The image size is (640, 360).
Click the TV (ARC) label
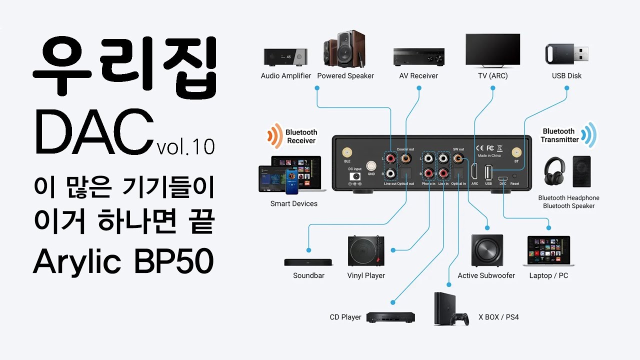pyautogui.click(x=492, y=76)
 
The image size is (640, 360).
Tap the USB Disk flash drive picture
pyautogui.click(x=566, y=52)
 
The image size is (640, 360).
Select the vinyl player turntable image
pyautogui.click(x=366, y=251)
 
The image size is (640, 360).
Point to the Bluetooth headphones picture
pyautogui.click(x=555, y=173)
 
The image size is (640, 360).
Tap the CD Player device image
pyautogui.click(x=390, y=317)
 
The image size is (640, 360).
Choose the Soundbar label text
pyautogui.click(x=308, y=275)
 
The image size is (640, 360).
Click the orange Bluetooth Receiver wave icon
pyautogui.click(x=274, y=136)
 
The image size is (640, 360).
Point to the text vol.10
pyautogui.click(x=185, y=147)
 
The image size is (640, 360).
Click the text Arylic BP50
pyautogui.click(x=123, y=261)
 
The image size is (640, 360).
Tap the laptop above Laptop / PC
pyautogui.click(x=548, y=251)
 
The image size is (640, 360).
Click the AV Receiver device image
pyautogui.click(x=418, y=56)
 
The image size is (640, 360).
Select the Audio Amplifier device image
pyautogui.click(x=285, y=57)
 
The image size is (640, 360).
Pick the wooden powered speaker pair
pyautogui.click(x=344, y=49)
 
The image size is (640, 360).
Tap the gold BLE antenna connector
pyautogui.click(x=346, y=152)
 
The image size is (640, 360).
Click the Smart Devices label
pyautogui.click(x=293, y=203)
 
